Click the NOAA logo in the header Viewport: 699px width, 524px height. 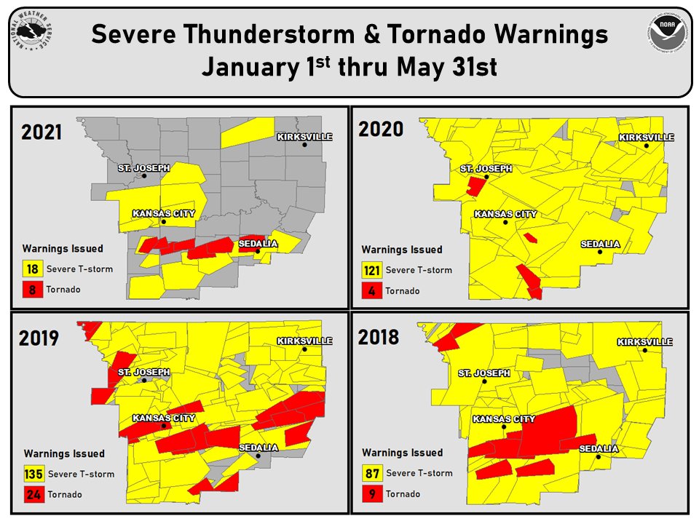coord(665,34)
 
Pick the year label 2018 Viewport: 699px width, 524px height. coord(379,337)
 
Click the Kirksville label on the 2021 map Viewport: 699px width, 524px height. coord(304,136)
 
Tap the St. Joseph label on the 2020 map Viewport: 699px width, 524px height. coord(486,168)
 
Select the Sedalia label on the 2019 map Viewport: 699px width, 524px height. coord(258,448)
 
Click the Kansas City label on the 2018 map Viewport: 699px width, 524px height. coord(504,419)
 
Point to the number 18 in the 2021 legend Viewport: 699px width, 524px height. coord(32,269)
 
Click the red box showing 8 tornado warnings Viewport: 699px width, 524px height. coord(32,289)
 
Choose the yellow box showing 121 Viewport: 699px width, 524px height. coord(372,271)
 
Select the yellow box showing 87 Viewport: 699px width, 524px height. coord(372,473)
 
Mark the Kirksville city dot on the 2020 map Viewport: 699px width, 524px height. coord(646,146)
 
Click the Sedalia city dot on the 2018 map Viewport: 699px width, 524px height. coord(598,457)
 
